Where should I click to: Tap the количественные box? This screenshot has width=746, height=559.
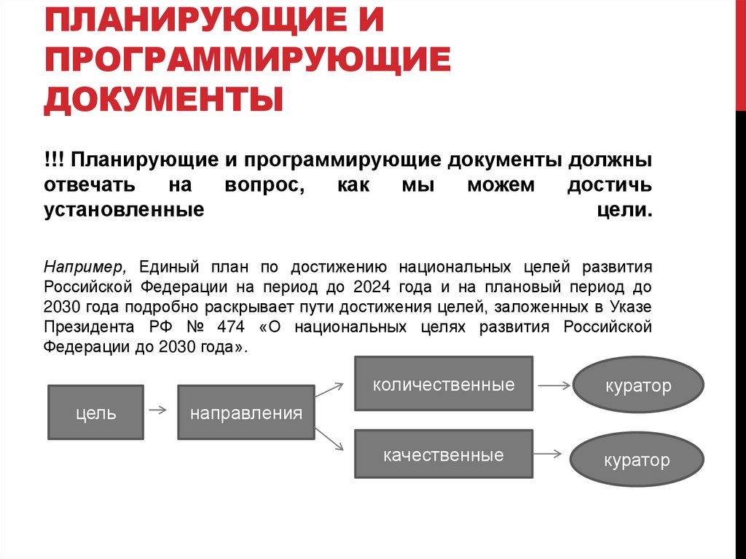[x=443, y=384]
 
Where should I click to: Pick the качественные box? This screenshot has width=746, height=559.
[x=443, y=455]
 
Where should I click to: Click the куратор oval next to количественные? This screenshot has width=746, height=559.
[x=638, y=385]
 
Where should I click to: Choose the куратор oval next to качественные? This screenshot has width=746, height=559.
[x=636, y=460]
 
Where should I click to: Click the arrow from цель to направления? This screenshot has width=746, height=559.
[x=157, y=411]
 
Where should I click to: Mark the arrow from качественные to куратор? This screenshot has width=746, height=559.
[x=551, y=453]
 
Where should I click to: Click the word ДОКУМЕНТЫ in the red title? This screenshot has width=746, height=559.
[x=163, y=100]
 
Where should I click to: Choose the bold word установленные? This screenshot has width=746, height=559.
[x=123, y=210]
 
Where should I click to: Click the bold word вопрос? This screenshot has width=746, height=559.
[x=263, y=185]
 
